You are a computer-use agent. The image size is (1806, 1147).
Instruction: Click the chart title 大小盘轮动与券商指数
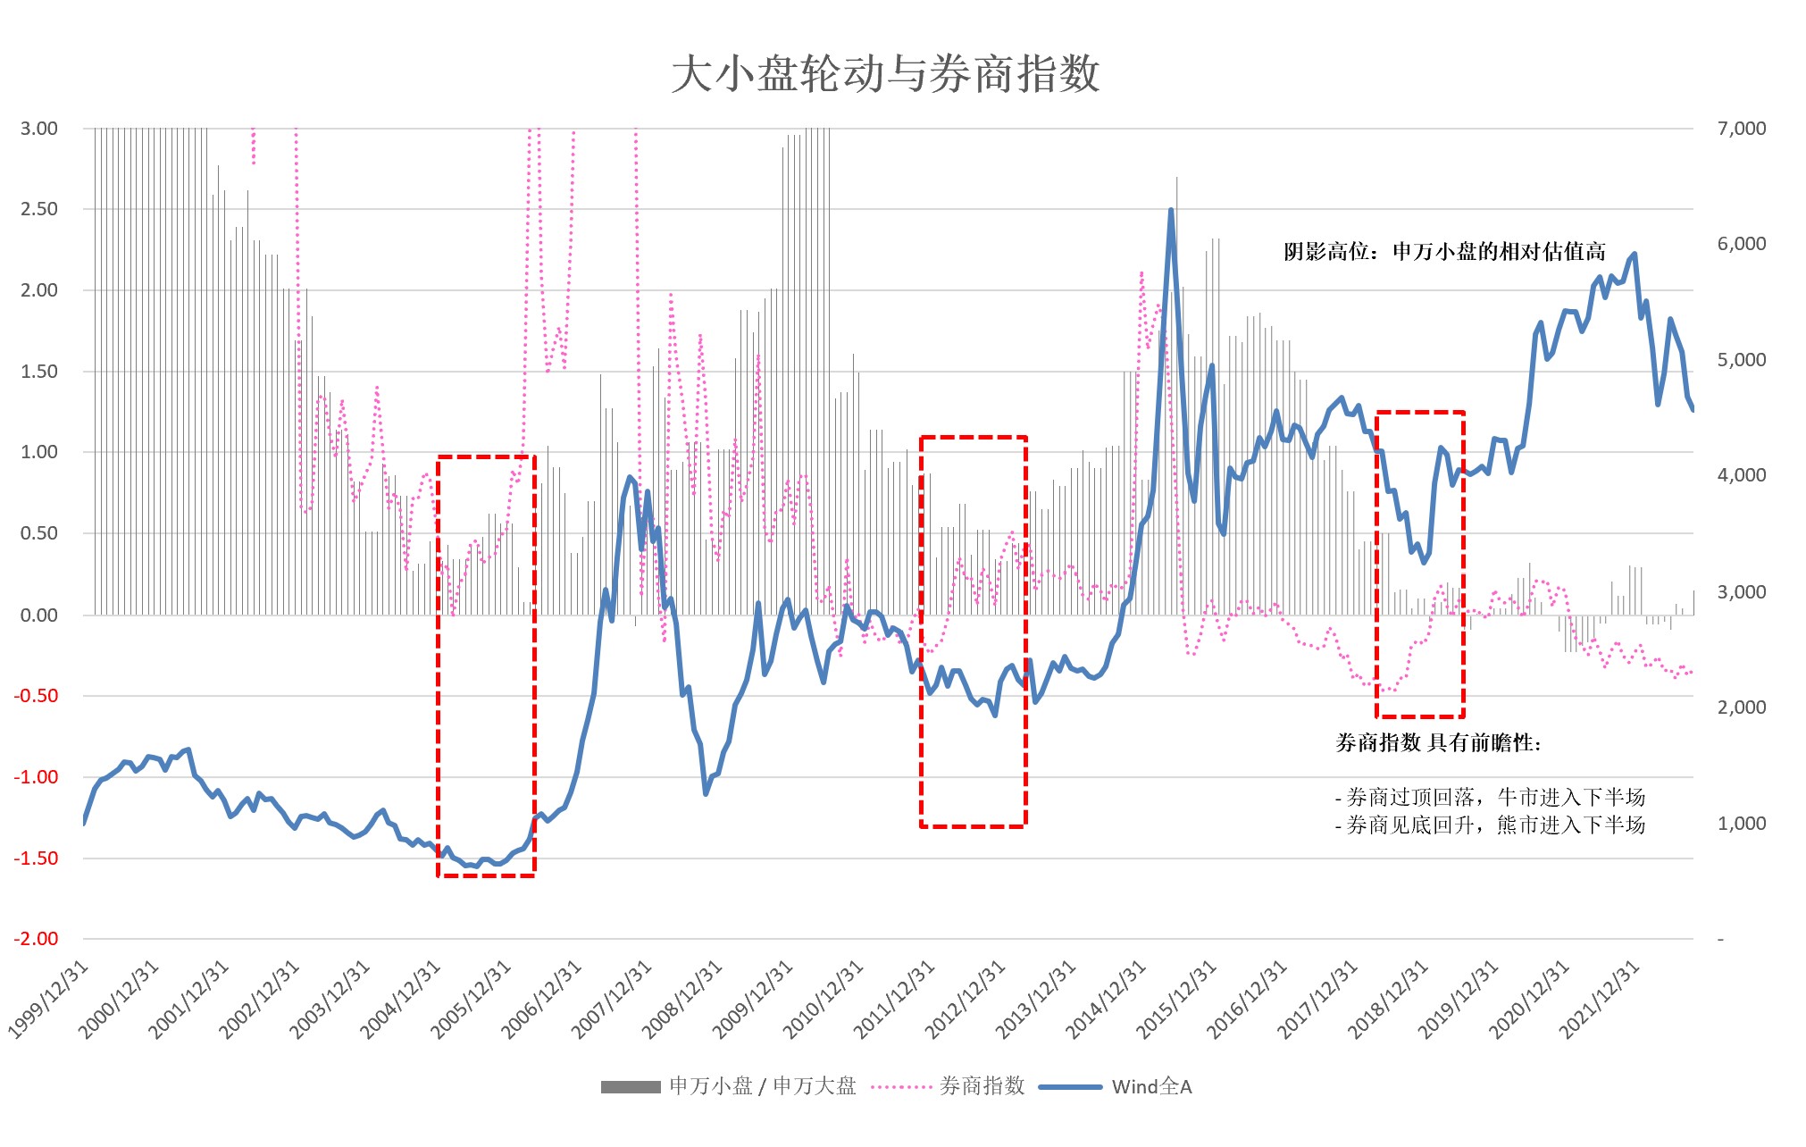885,74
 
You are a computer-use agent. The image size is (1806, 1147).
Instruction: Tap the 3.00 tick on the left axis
39,129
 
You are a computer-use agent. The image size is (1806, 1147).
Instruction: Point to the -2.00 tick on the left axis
37,939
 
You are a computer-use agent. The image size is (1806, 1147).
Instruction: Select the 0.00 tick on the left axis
39,615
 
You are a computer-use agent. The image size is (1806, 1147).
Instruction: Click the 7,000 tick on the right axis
1741,129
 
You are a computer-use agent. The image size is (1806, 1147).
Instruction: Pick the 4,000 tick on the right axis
1741,475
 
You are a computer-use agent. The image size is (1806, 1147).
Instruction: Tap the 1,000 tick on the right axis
1741,824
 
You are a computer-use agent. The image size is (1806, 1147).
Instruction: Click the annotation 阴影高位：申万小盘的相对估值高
1444,252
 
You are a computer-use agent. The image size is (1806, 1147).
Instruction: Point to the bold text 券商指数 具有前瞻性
1438,743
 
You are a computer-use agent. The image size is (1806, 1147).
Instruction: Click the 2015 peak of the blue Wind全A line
1171,211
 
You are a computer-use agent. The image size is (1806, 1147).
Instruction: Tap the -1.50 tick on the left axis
37,858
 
